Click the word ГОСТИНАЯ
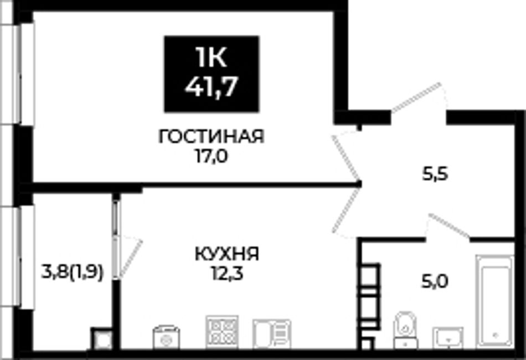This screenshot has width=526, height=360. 212,137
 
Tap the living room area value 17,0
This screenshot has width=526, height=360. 211,156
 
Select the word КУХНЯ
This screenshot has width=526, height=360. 227,254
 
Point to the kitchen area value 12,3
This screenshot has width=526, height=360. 227,274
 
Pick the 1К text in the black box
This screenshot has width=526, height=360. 212,57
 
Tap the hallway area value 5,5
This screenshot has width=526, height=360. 435,174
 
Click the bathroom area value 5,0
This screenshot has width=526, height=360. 435,282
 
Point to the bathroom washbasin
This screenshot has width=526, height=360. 448,337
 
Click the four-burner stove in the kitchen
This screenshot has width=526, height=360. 221,332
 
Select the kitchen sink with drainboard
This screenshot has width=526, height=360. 272,333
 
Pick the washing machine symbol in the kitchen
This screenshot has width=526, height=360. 166,337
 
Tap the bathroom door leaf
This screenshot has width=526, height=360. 449,225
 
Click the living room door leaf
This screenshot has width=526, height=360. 345,157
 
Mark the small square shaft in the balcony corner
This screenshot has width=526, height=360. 101,339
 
